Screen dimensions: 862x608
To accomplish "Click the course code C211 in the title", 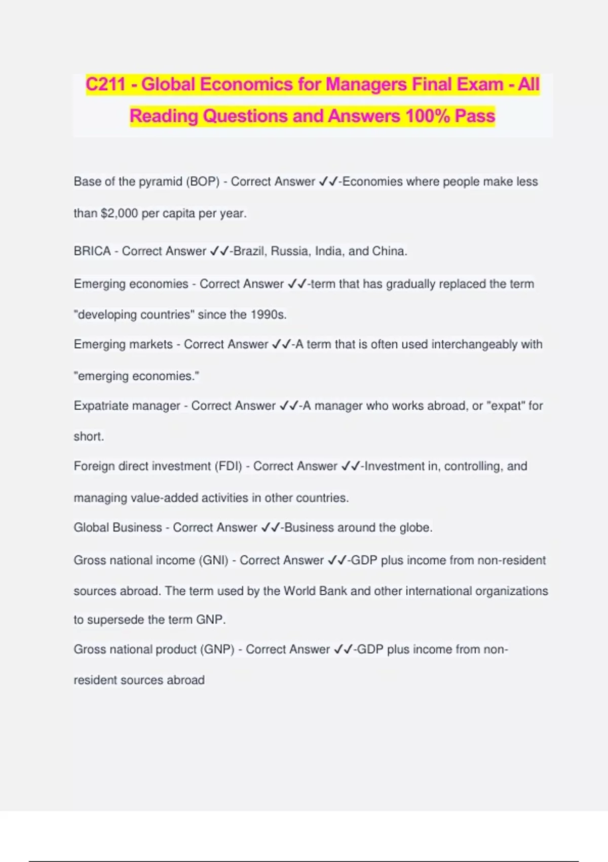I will pyautogui.click(x=105, y=84).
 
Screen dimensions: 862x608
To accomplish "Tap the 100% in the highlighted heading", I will pyautogui.click(x=428, y=116).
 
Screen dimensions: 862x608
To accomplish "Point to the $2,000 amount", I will pyautogui.click(x=119, y=213).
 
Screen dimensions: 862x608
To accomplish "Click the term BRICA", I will pyautogui.click(x=92, y=251).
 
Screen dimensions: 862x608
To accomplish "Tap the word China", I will pyautogui.click(x=389, y=251).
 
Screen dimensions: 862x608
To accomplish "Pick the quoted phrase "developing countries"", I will pyautogui.click(x=134, y=314).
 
